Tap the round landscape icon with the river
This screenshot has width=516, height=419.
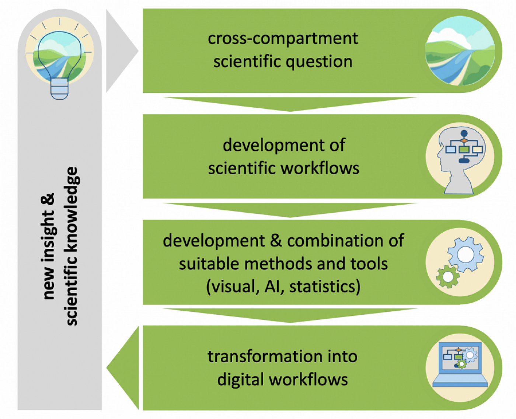click(460, 51)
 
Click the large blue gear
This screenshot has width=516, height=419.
click(466, 255)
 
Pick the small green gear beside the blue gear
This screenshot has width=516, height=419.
click(448, 277)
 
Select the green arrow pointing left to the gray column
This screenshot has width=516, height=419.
click(123, 368)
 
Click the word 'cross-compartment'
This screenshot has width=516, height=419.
click(283, 39)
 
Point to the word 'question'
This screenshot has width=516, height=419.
click(319, 62)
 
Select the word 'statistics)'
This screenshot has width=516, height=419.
click(325, 287)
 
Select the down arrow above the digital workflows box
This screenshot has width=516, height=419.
click(290, 315)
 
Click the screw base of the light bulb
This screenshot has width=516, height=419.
click(59, 89)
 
